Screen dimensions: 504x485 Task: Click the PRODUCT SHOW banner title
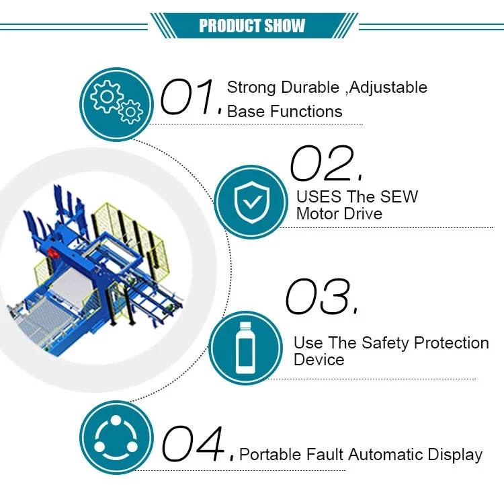[x=252, y=26]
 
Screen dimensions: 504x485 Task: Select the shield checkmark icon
[x=251, y=199]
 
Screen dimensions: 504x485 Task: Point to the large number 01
[x=190, y=96]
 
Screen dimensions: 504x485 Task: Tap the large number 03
[x=319, y=296]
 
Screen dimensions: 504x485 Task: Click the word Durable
[x=310, y=87]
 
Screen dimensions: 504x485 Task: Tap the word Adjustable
[x=389, y=87]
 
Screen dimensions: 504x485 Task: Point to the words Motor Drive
[x=339, y=214]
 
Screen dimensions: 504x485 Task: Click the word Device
[x=319, y=359]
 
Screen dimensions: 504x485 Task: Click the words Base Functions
[x=284, y=111]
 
